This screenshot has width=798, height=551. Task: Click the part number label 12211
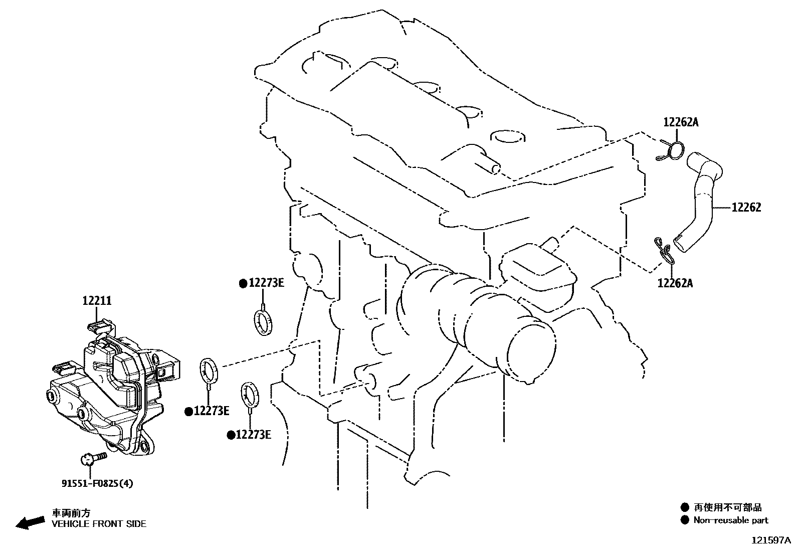coord(97,301)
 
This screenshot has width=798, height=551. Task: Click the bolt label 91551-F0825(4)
coord(97,483)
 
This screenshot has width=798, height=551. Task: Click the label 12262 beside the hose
coord(746,207)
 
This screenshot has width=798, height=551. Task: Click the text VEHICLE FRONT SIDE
coord(99,524)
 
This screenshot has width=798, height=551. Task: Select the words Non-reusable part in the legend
coord(730,520)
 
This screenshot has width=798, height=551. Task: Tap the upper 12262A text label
coord(680,122)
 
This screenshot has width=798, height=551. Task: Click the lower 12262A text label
coord(675,283)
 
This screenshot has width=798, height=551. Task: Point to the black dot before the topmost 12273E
coord(243,284)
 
